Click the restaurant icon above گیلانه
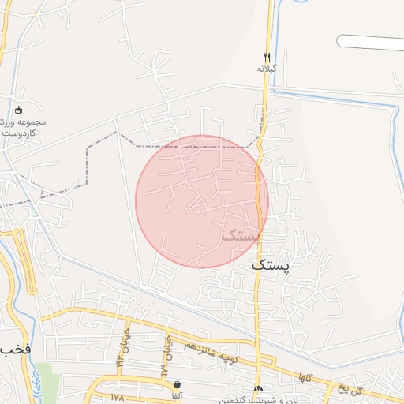pyautogui.click(x=267, y=57)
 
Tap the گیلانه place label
pyautogui.click(x=268, y=69)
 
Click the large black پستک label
pyautogui.click(x=271, y=266)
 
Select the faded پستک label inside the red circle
pyautogui.click(x=240, y=234)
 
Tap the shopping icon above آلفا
pyautogui.click(x=175, y=384)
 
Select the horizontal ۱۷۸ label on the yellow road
pyautogui.click(x=119, y=396)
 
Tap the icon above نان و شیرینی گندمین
pyautogui.click(x=259, y=388)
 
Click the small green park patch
pyautogui.click(x=47, y=382)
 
